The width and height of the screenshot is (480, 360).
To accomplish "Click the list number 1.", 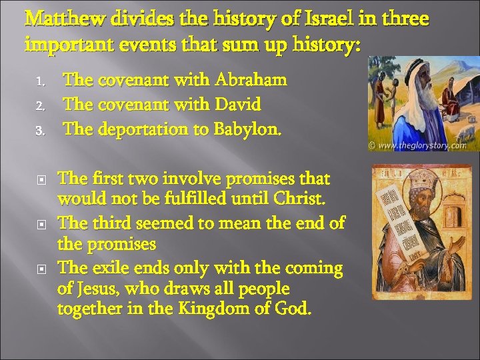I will coord(40,83).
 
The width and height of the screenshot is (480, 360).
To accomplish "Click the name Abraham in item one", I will coord(251,81).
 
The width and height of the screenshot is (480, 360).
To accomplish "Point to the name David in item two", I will coord(238,105).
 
